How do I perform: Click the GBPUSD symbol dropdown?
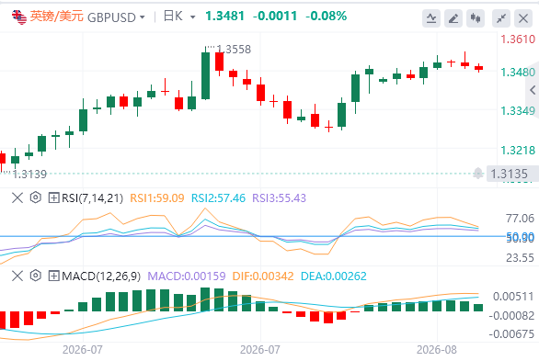click(116, 17)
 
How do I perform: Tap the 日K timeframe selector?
click(179, 17)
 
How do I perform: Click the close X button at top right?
click(523, 18)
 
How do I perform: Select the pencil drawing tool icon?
click(453, 18)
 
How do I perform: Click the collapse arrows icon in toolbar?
click(501, 18)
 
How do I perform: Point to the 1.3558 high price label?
click(234, 50)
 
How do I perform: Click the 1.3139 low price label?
click(29, 175)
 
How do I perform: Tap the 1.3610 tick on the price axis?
click(518, 39)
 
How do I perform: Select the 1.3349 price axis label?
click(518, 111)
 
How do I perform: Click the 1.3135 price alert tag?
click(509, 174)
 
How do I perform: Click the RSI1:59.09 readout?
click(157, 198)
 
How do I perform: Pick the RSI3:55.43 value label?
click(279, 198)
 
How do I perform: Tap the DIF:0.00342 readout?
click(263, 276)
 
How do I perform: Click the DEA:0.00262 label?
click(334, 276)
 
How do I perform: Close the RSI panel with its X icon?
click(17, 198)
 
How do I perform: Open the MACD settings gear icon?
click(35, 276)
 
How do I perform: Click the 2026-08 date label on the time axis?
click(437, 350)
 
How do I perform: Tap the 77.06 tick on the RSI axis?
click(520, 219)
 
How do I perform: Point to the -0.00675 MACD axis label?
click(511, 333)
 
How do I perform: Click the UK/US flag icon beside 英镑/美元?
click(19, 17)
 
